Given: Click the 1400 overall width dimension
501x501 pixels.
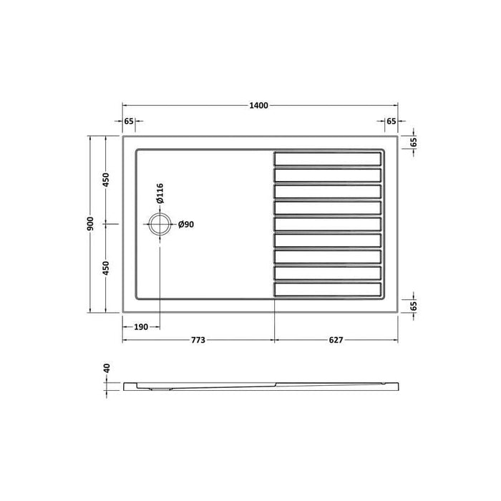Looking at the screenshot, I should pyautogui.click(x=258, y=106).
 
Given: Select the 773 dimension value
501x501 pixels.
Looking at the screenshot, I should pyautogui.click(x=198, y=340).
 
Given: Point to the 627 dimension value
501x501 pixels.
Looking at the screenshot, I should pyautogui.click(x=336, y=340).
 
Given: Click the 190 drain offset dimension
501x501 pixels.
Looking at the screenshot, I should pyautogui.click(x=140, y=326).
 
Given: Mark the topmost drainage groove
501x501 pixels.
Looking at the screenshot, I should pyautogui.click(x=328, y=158).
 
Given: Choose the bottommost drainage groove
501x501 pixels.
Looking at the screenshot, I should pyautogui.click(x=328, y=290).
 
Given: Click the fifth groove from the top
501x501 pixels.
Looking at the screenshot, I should pyautogui.click(x=328, y=224).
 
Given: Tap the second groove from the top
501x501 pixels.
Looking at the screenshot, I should pyautogui.click(x=328, y=175).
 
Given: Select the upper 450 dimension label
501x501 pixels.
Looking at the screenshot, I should pyautogui.click(x=107, y=179).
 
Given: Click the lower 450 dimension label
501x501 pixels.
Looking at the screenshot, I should pyautogui.click(x=107, y=268).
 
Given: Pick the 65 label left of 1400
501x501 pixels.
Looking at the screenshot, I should pyautogui.click(x=129, y=121).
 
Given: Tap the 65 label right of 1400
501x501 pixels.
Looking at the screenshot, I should pyautogui.click(x=391, y=121).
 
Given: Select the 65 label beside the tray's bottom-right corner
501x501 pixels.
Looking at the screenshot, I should pyautogui.click(x=414, y=306).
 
